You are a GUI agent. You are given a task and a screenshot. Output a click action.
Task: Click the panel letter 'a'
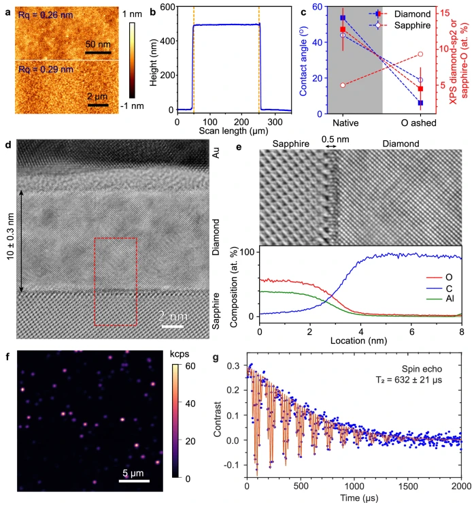tap(6, 9)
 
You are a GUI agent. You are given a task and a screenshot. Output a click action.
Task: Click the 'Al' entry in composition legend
tap(449, 299)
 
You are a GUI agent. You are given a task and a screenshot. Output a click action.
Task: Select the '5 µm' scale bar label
tap(134, 471)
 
